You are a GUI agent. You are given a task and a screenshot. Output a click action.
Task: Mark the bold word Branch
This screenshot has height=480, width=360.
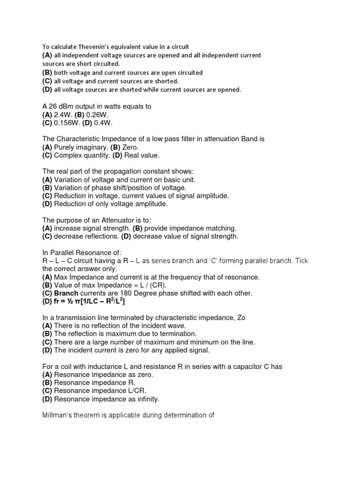coord(67,293)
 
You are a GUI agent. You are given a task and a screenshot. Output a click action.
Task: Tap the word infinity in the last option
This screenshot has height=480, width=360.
coord(147,399)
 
